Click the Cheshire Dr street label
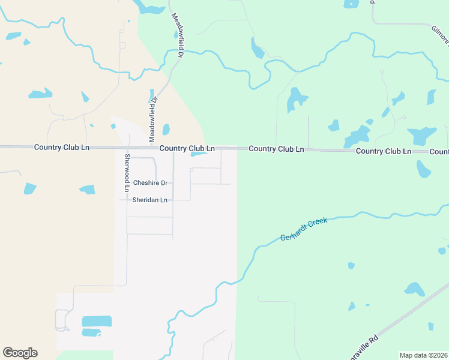point(150,183)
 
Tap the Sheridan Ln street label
point(150,200)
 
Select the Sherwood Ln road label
point(127,173)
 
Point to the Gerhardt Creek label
point(304,230)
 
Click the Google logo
point(20,353)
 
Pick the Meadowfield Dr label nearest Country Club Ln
point(152,118)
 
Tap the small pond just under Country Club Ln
point(199,154)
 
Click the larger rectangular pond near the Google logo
point(97,321)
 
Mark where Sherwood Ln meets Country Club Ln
point(127,148)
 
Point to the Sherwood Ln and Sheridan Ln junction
point(127,200)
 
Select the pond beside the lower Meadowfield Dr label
point(166,130)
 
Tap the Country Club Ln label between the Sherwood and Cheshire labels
point(187,148)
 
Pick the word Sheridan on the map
point(145,200)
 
